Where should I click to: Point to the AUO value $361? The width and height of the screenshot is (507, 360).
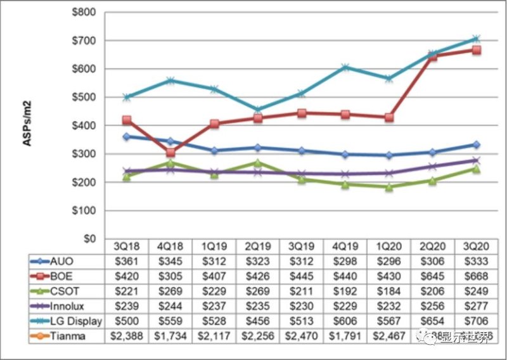click(x=127, y=261)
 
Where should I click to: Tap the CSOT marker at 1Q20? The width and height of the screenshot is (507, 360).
click(x=388, y=187)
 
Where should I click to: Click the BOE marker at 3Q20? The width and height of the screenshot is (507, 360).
click(x=476, y=50)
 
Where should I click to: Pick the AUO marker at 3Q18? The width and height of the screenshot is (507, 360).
click(x=127, y=137)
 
